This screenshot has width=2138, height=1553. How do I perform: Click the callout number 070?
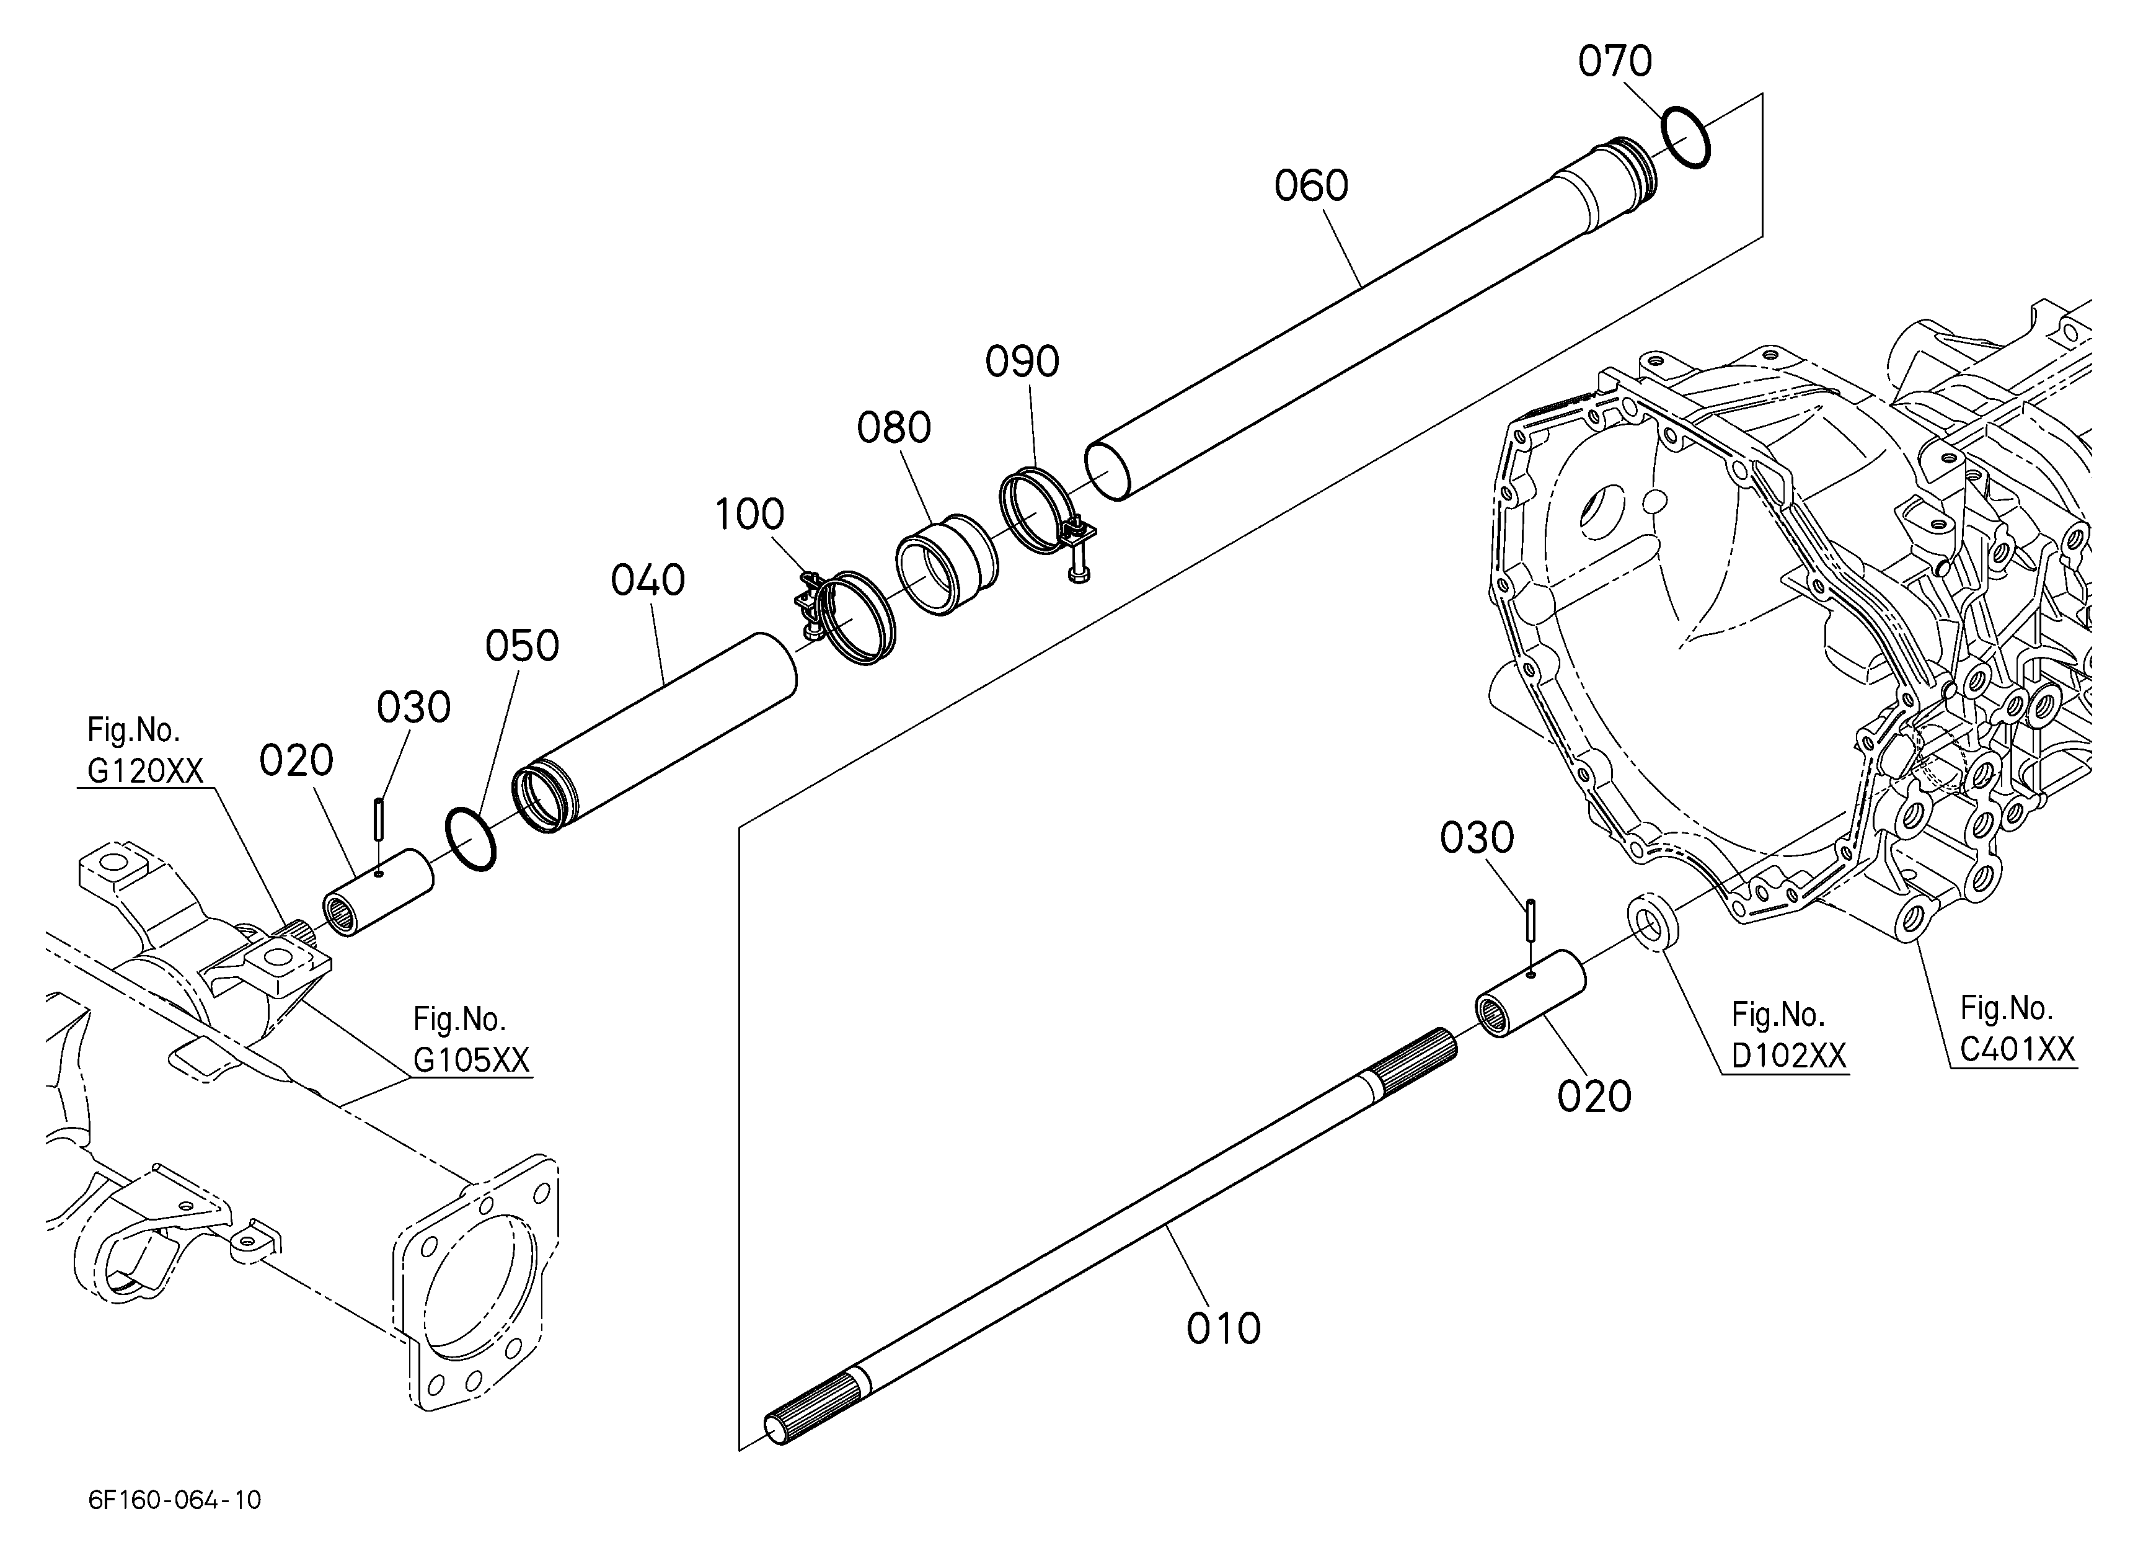(1615, 61)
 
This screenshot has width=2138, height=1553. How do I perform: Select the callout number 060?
(1311, 186)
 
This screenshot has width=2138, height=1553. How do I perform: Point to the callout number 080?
(894, 428)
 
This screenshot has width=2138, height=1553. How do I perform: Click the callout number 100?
(749, 515)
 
